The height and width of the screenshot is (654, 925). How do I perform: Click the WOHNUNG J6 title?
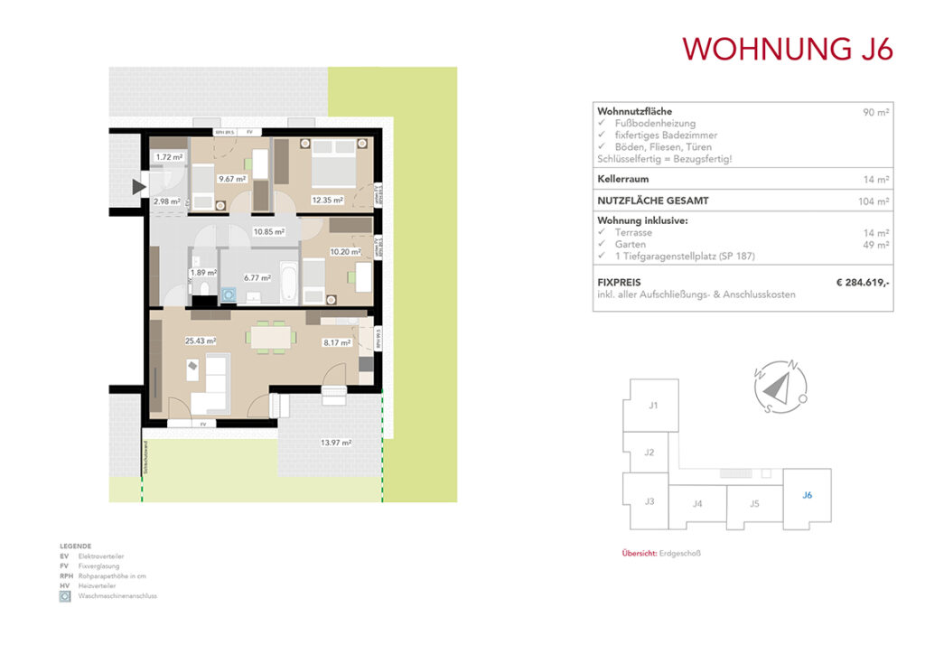(x=788, y=49)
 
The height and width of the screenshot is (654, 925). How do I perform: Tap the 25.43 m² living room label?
(x=200, y=341)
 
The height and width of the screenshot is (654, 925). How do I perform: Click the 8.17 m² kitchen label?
(x=337, y=342)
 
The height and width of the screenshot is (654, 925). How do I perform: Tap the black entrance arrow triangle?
(x=138, y=187)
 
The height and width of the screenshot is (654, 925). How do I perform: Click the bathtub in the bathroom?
(x=287, y=282)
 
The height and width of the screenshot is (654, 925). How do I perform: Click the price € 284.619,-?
(x=863, y=283)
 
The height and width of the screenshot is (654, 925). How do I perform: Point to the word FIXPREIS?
(x=619, y=283)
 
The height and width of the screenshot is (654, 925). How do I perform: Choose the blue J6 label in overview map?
(x=808, y=494)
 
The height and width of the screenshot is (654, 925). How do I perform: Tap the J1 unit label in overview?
(x=653, y=406)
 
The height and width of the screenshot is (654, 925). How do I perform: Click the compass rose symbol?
(x=776, y=388)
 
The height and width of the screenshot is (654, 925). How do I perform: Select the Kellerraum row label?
(x=624, y=179)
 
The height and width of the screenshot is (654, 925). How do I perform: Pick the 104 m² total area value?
(x=874, y=201)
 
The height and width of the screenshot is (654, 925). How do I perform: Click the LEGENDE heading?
(x=75, y=547)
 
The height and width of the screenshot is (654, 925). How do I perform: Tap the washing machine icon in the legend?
(x=65, y=596)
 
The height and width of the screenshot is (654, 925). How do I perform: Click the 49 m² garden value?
(x=877, y=244)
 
